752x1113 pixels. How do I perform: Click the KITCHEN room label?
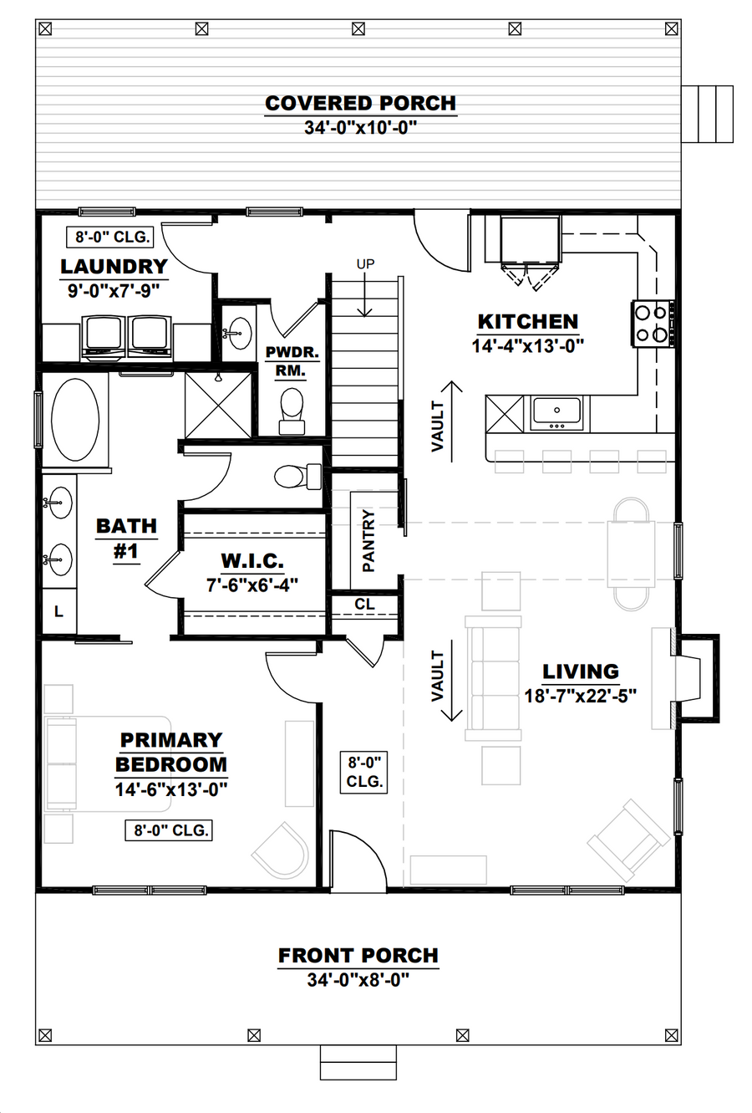[x=527, y=322]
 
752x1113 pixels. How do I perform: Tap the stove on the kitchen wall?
[x=653, y=324]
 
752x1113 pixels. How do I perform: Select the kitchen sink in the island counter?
[x=556, y=413]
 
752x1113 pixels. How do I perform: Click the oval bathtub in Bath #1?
[x=75, y=420]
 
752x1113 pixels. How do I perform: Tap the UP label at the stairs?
[x=365, y=264]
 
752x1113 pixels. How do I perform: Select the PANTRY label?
[x=368, y=540]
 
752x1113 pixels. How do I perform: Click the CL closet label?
[x=365, y=605]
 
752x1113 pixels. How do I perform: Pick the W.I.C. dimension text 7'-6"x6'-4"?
[x=252, y=585]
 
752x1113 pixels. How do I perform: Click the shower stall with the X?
[x=218, y=406]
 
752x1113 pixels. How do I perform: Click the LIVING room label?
[x=581, y=671]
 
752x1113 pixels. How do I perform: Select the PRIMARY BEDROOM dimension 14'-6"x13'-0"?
[x=171, y=789]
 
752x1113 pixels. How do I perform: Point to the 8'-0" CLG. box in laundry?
[x=109, y=237]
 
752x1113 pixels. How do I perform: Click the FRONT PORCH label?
[x=358, y=955]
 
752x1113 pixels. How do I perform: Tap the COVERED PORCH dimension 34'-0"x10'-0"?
[x=360, y=128]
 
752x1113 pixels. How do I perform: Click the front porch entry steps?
[x=358, y=1062]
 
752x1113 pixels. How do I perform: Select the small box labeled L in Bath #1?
[x=59, y=611]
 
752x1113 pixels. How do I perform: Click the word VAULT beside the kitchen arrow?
[x=437, y=426]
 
